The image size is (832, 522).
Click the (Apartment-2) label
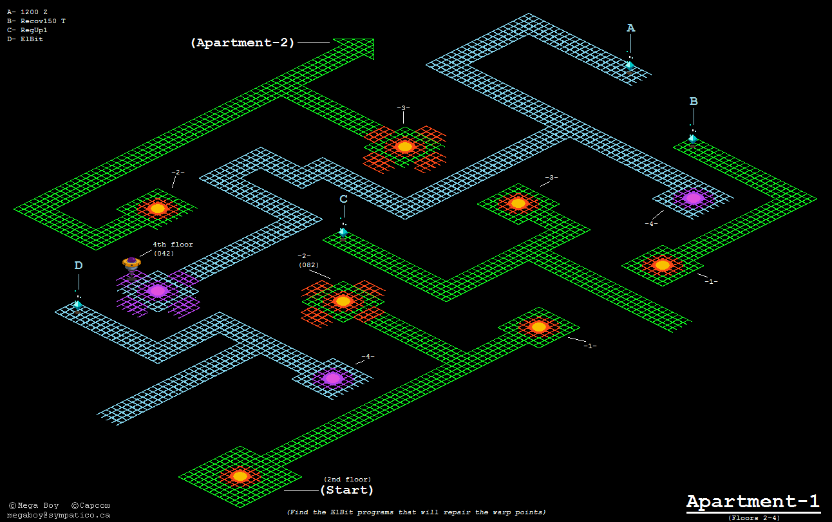242,43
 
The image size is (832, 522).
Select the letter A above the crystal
630,28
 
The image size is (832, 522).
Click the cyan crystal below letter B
693,138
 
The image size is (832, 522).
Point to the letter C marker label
343,199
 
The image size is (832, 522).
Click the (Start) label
346,490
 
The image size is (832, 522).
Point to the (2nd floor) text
347,479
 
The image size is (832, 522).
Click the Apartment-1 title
753,502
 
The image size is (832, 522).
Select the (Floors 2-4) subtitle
754,517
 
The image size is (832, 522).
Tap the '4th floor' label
173,245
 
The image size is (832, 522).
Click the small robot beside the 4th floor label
131,263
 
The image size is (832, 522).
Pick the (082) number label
308,265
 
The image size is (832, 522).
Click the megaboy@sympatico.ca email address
59,515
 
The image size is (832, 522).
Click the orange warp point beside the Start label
240,476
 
